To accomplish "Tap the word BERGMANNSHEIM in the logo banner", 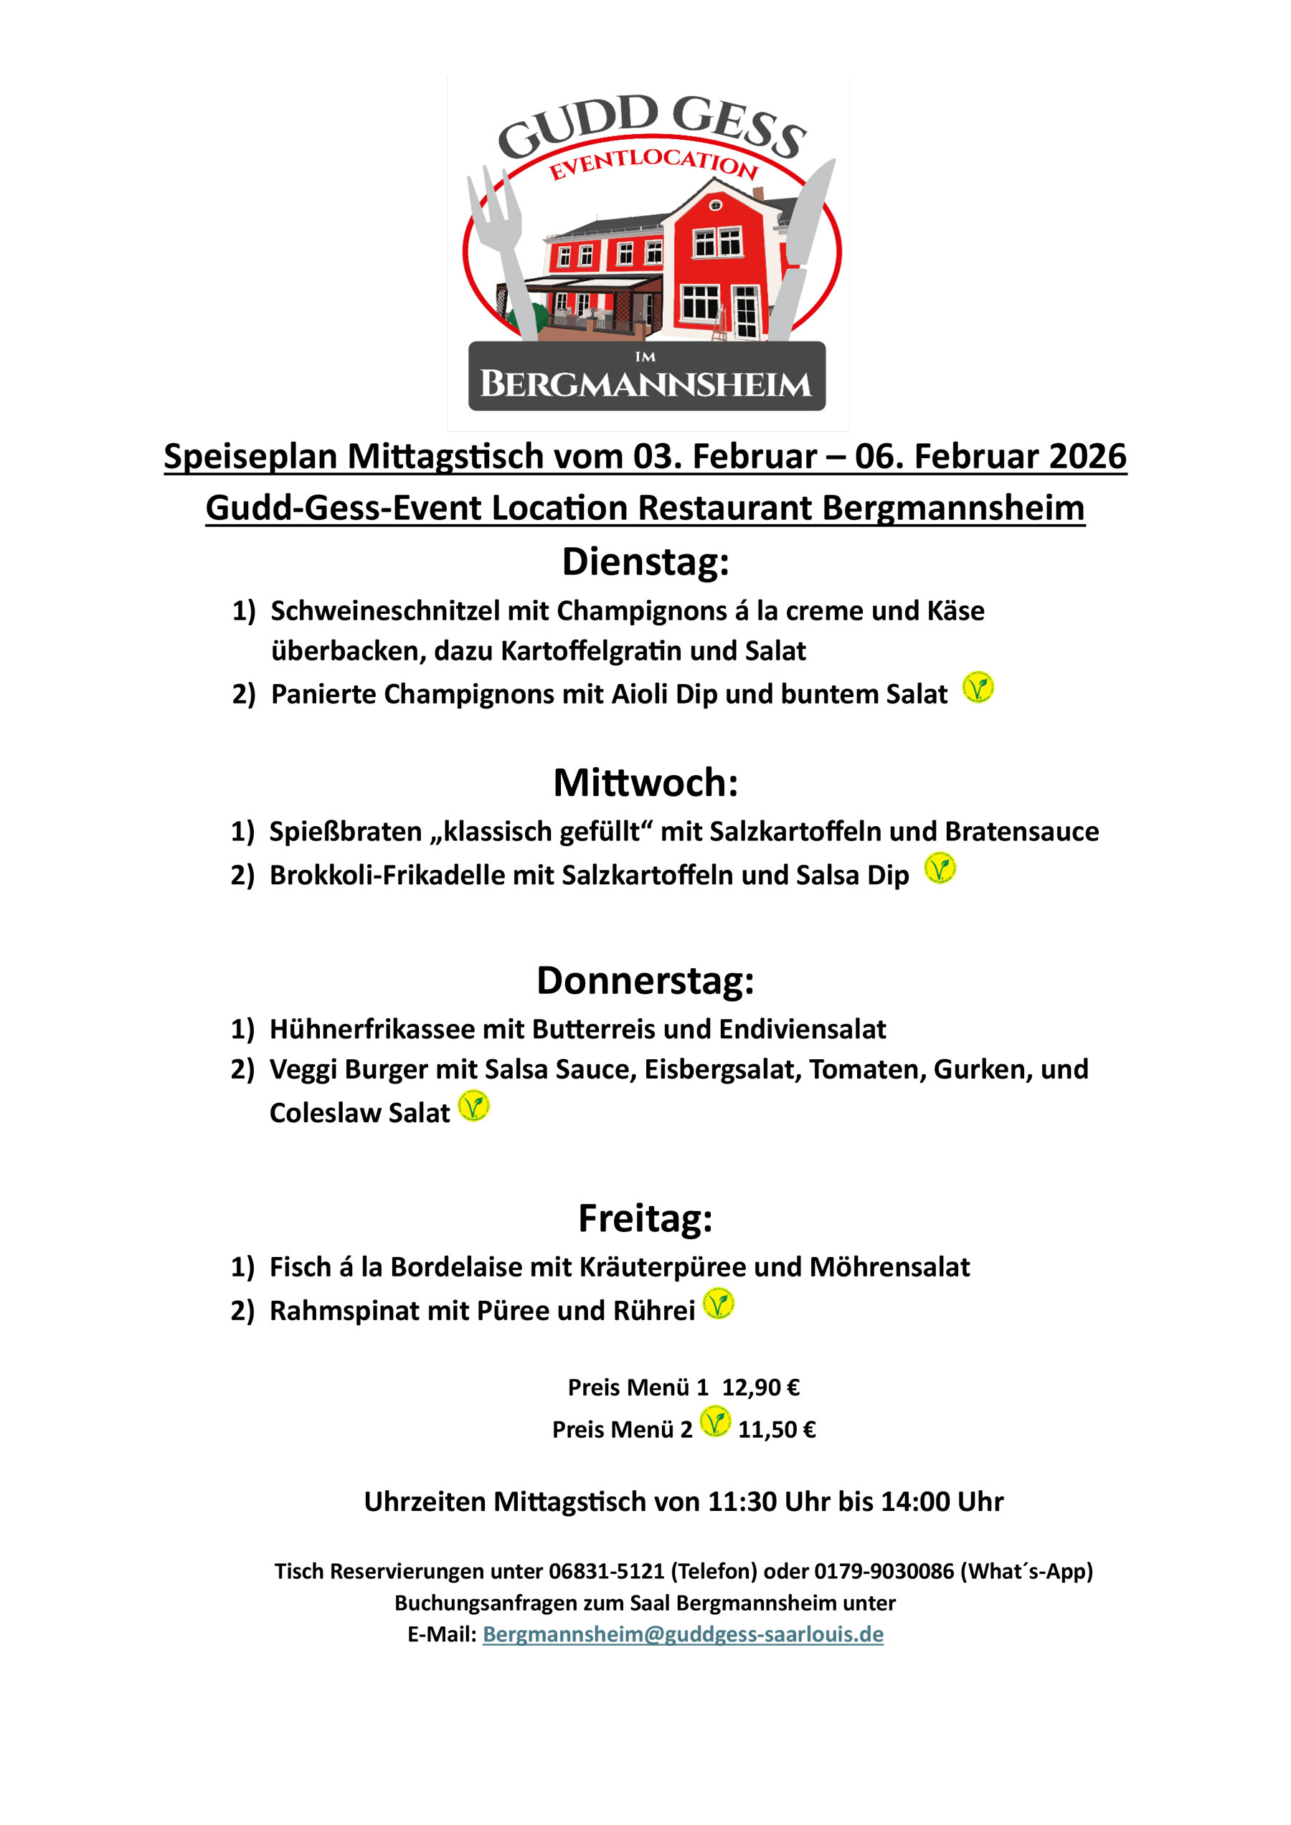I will click(x=645, y=384).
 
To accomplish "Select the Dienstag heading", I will click(x=645, y=562).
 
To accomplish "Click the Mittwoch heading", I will click(x=645, y=783).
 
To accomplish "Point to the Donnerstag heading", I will click(x=645, y=980).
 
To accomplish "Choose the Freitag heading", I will click(x=645, y=1218).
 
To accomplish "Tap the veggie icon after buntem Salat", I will click(x=978, y=688).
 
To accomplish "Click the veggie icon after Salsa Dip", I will click(x=940, y=868).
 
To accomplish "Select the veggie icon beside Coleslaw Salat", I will click(x=474, y=1106).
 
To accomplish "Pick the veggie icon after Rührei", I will click(x=719, y=1304).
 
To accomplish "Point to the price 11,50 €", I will click(x=777, y=1429).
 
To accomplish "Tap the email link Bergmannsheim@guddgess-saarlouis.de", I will click(x=683, y=1634).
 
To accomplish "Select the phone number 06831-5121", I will click(x=607, y=1571).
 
